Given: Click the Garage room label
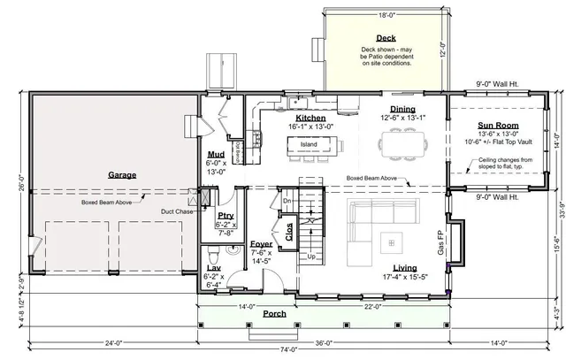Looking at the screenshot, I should pos(122,175).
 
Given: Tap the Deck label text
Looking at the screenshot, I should pos(385,38).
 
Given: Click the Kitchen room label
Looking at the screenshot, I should pos(310,118).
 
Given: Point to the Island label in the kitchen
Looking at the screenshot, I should pos(307,143).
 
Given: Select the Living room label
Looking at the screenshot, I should pos(405,266).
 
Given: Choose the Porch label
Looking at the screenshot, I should pos(274,313).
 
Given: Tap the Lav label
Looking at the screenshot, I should pos(213,267).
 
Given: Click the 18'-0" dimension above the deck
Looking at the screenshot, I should pos(385,15).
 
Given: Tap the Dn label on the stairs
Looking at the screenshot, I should pos(286,201).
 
